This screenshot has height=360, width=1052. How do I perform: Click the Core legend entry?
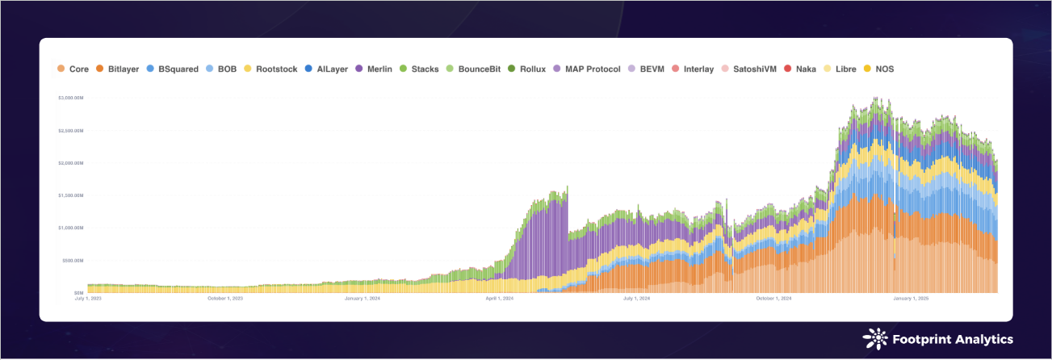pyautogui.click(x=78, y=69)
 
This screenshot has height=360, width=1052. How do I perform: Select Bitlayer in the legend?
pyautogui.click(x=124, y=69)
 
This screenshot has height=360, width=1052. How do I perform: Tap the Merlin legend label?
pyautogui.click(x=379, y=69)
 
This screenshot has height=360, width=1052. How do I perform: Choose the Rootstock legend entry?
pyautogui.click(x=277, y=69)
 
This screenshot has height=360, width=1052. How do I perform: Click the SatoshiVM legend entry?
pyautogui.click(x=754, y=69)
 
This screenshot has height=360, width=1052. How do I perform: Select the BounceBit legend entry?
pyautogui.click(x=481, y=69)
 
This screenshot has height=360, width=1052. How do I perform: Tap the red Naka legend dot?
pyautogui.click(x=787, y=69)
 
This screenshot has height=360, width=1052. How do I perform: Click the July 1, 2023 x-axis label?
pyautogui.click(x=87, y=299)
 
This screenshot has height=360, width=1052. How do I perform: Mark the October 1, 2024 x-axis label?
pyautogui.click(x=773, y=299)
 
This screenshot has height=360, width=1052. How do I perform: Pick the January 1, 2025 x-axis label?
pyautogui.click(x=911, y=299)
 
